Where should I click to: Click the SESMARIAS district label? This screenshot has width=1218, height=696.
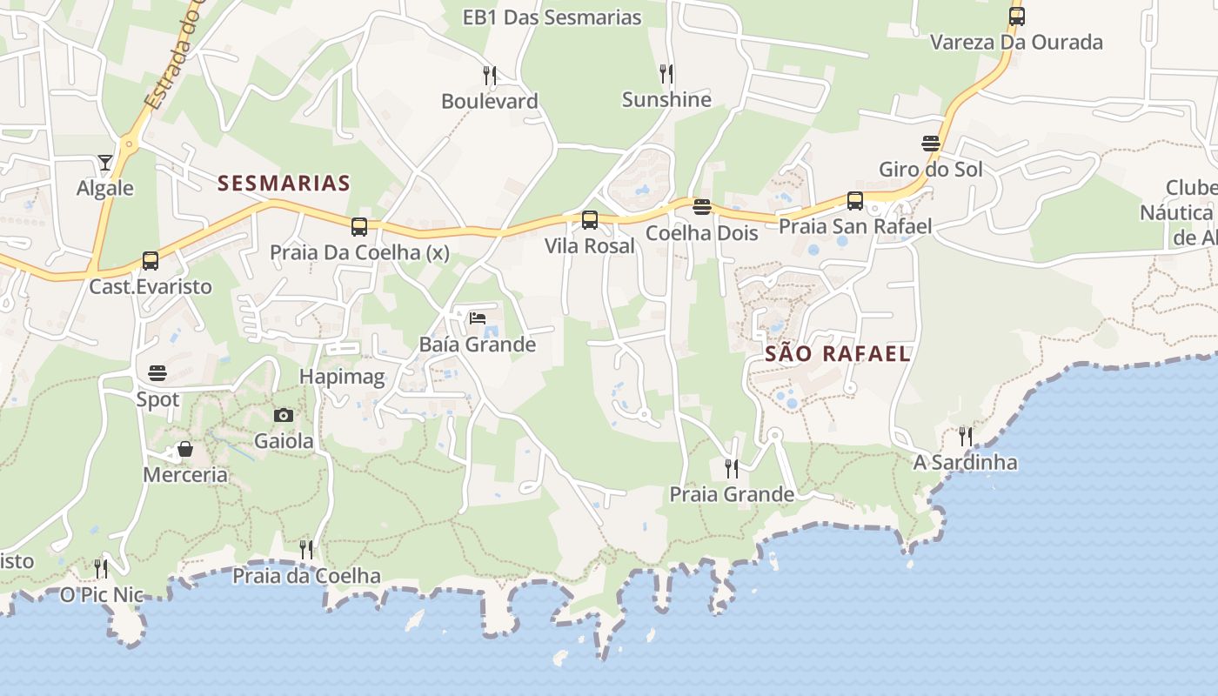coord(284,183)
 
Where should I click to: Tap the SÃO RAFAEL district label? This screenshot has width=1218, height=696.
coord(838,353)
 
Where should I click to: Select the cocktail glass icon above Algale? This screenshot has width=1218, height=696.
coord(105,163)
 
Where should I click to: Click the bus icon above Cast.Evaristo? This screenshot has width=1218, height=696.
coord(151,260)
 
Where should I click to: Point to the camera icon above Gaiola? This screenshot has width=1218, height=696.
coord(284,415)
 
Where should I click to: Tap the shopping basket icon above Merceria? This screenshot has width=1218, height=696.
coord(185,449)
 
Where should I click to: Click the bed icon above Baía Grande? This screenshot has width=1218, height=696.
coord(478,318)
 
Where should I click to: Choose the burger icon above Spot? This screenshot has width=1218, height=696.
coord(157,373)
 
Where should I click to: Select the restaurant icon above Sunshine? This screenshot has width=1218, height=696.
coord(666,73)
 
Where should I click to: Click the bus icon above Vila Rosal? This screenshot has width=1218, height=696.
coord(590,220)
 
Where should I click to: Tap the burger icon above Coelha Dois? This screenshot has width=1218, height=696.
coord(702,207)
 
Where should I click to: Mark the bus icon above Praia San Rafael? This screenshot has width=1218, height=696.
coord(855,201)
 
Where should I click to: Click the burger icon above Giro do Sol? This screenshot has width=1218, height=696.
coord(931,143)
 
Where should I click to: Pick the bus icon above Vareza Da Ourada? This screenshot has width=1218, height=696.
coord(1016,16)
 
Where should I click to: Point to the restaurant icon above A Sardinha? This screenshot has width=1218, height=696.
coord(966,436)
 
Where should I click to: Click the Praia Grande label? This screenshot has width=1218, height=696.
coord(732,494)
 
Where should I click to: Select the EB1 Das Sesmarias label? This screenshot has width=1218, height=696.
coord(552,17)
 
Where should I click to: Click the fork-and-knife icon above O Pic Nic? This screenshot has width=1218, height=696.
coord(101,569)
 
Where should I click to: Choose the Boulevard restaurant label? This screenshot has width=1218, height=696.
coord(490,101)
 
